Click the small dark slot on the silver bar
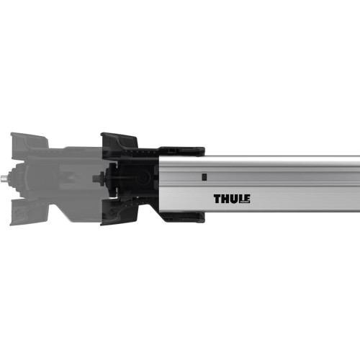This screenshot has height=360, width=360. pos(204,175)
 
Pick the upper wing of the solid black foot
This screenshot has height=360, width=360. pos(119,140)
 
